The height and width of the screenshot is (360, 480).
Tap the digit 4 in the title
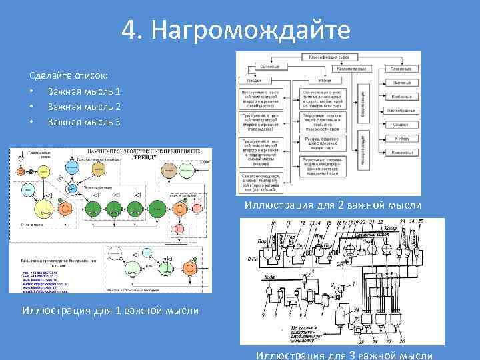(x=131, y=30)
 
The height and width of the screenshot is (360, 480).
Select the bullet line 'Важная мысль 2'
(x=84, y=107)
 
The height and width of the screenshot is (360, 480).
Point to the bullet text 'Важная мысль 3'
(x=84, y=122)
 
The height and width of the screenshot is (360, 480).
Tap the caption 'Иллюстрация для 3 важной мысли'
(x=345, y=355)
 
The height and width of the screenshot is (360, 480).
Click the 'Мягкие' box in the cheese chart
(x=325, y=80)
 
